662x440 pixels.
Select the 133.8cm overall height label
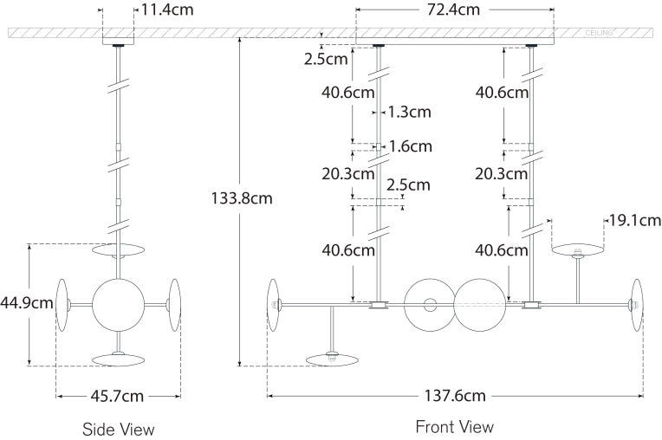(x=242, y=197)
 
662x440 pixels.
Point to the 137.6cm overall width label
(x=454, y=396)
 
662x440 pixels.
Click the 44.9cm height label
(x=27, y=303)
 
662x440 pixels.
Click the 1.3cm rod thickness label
(x=410, y=112)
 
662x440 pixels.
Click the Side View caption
(x=118, y=429)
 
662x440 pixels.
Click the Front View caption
(x=454, y=426)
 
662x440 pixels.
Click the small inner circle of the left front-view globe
(x=429, y=304)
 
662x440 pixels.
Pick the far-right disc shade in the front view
(x=638, y=304)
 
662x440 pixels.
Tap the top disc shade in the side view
(x=118, y=251)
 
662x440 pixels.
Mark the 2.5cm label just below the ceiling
(x=326, y=60)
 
